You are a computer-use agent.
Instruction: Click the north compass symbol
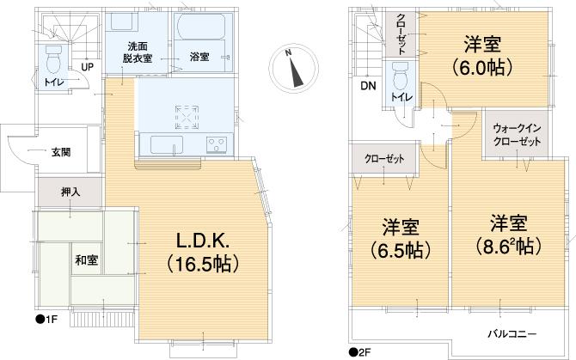[x=292, y=68]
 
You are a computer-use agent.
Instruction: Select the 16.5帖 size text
[x=204, y=259]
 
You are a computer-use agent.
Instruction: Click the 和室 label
[x=84, y=259]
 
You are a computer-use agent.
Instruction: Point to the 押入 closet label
[x=70, y=193]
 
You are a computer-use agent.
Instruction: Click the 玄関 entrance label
[x=60, y=152]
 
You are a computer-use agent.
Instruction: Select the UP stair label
[x=87, y=66]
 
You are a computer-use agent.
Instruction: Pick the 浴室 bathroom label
[x=198, y=58]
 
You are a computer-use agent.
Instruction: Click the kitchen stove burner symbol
[x=187, y=114]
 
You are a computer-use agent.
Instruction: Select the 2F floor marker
[x=359, y=351]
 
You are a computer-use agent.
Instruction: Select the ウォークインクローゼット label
[x=517, y=135]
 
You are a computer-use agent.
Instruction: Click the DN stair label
[x=367, y=86]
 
